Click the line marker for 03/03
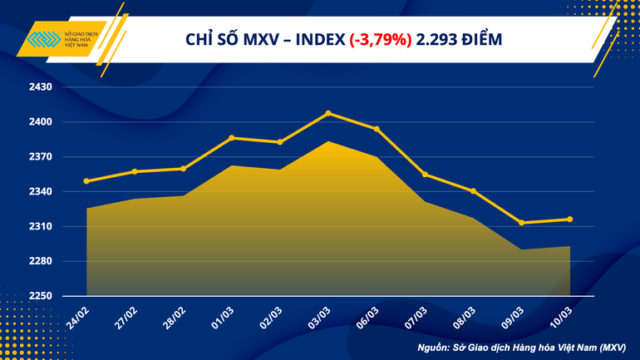(x=328, y=113)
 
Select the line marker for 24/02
(x=86, y=181)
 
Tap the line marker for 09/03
(x=521, y=223)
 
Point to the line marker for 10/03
(x=569, y=219)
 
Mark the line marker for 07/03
(x=425, y=175)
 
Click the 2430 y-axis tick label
(x=41, y=87)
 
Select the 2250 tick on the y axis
(x=41, y=296)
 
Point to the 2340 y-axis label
(x=41, y=192)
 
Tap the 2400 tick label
(x=41, y=122)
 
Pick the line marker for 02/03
(x=280, y=142)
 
